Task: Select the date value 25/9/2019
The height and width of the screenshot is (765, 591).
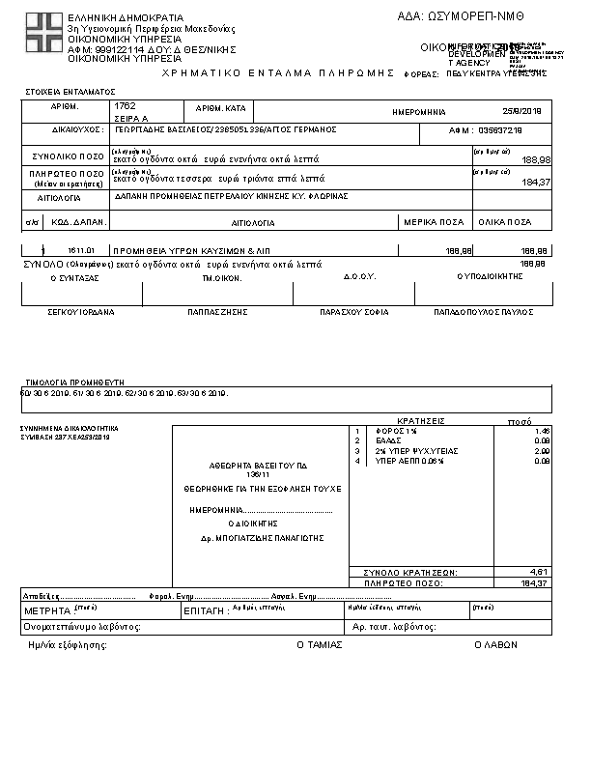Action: coord(523,111)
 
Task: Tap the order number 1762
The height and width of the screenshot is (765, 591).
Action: coord(124,104)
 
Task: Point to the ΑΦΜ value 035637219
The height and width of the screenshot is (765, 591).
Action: coord(500,129)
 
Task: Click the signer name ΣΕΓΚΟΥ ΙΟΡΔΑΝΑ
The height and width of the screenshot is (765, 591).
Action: coord(81,313)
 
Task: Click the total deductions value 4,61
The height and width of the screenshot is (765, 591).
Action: coord(540,572)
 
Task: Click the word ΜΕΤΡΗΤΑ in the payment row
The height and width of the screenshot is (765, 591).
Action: coord(46,611)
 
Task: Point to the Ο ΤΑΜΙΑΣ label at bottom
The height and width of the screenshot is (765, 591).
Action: coord(319,644)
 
